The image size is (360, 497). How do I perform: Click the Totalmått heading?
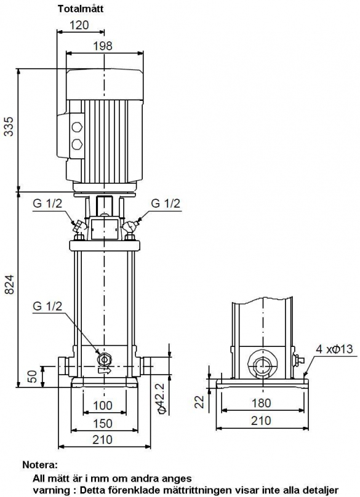click(x=81, y=9)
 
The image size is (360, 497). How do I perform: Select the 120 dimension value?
click(x=79, y=25)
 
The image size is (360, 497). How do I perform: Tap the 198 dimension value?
click(x=102, y=46)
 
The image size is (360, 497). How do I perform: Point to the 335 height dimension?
click(x=9, y=127)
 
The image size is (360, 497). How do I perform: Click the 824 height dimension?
click(x=9, y=284)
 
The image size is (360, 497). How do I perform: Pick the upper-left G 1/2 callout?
click(x=47, y=204)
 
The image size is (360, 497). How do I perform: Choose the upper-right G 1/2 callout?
click(x=166, y=203)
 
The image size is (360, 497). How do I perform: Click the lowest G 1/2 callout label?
click(x=47, y=306)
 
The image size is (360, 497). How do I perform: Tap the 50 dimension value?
click(x=33, y=375)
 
